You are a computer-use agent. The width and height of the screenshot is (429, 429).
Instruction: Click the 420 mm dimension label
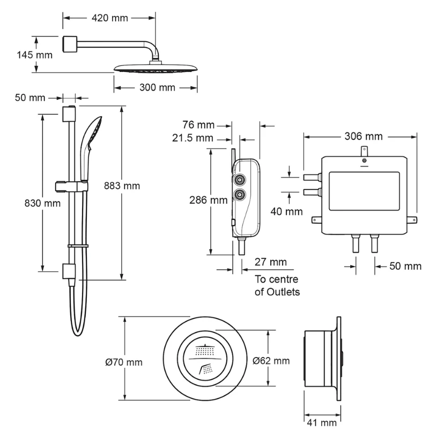coord(109,18)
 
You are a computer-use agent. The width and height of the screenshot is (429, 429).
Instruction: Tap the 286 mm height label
coord(209,200)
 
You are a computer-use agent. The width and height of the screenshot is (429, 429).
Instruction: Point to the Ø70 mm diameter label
coord(124,362)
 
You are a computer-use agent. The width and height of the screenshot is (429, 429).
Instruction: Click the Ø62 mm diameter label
coord(271,360)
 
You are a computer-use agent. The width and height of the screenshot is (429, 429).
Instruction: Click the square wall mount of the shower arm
coord(70,43)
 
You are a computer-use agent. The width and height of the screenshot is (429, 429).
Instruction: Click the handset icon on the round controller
coord(206,368)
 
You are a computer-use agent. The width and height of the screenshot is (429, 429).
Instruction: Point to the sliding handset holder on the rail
coord(71,186)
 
